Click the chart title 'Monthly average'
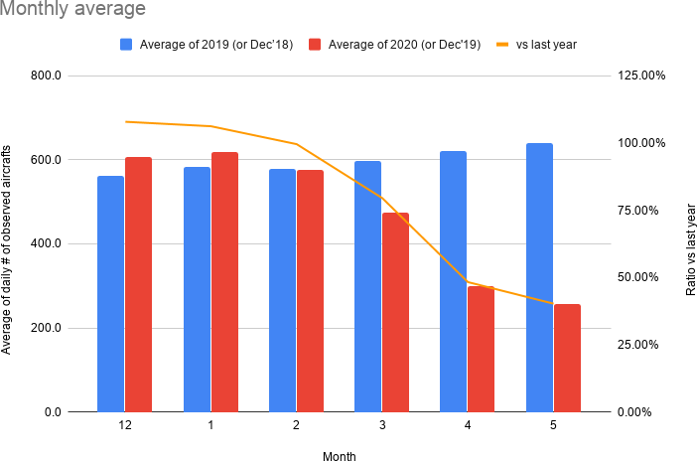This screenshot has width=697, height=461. pyautogui.click(x=74, y=10)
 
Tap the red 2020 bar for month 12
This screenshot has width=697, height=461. pyautogui.click(x=138, y=284)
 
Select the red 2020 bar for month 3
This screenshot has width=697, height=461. pyautogui.click(x=395, y=312)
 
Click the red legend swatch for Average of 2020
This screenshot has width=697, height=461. pyautogui.click(x=316, y=45)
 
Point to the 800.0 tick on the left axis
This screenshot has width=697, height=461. pyautogui.click(x=45, y=76)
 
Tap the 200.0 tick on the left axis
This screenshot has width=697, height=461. pyautogui.click(x=45, y=328)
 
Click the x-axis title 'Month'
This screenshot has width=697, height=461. pyautogui.click(x=339, y=456)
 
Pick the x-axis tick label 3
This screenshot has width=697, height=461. pyautogui.click(x=381, y=425)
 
